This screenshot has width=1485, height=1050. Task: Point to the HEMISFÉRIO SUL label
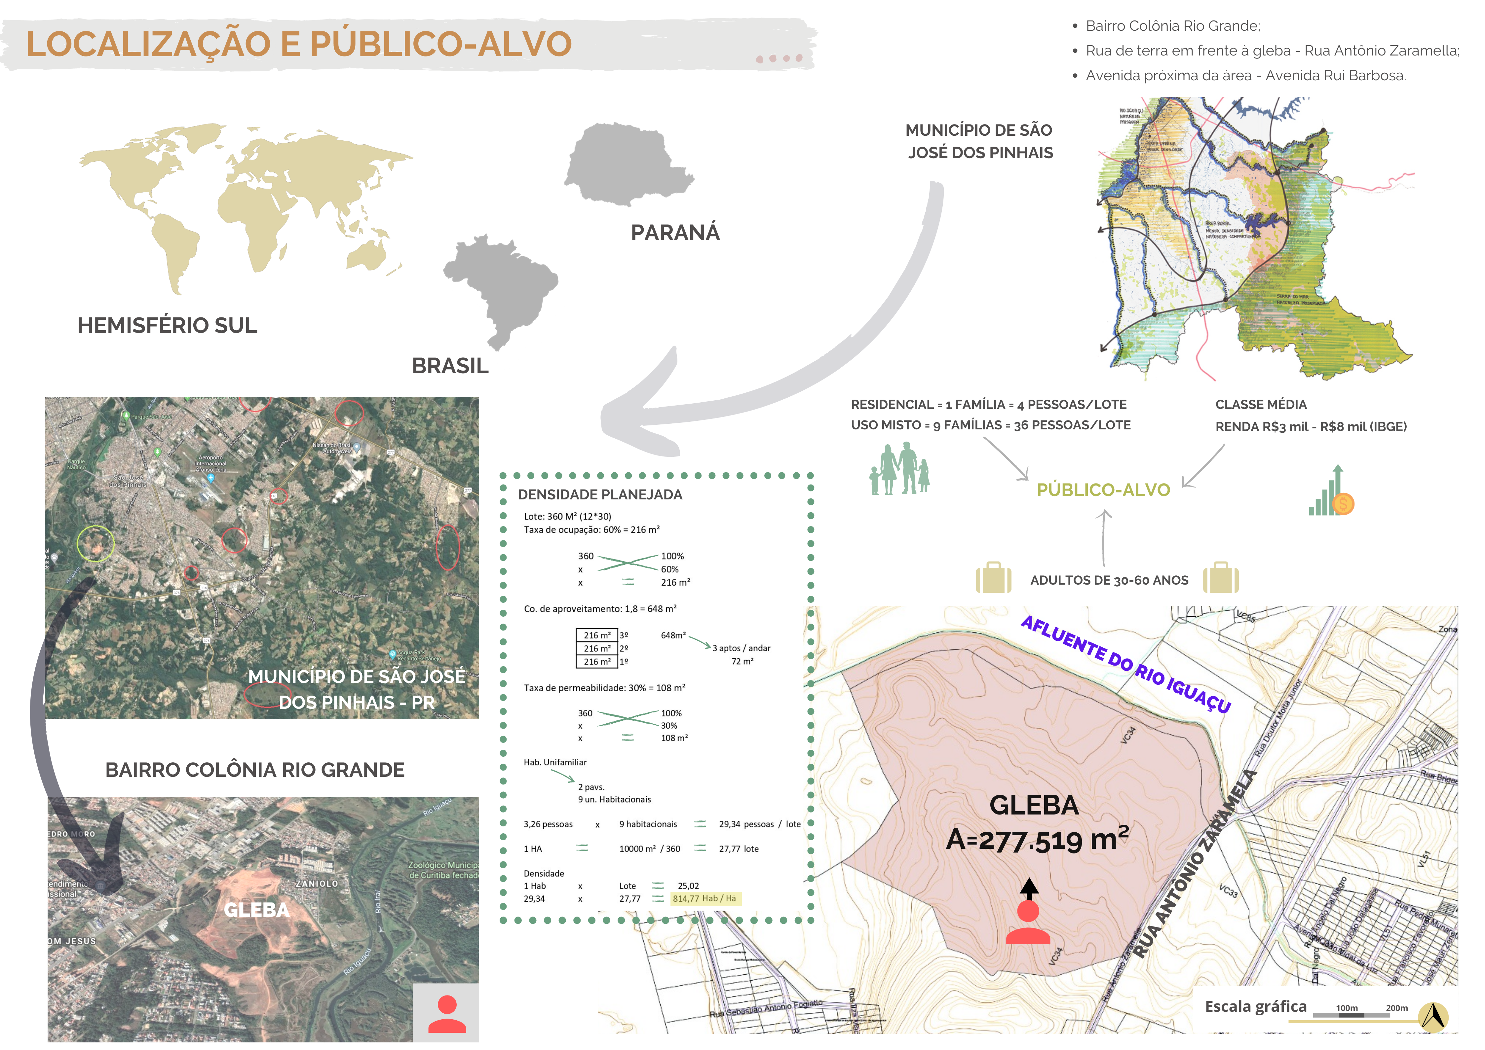[167, 325]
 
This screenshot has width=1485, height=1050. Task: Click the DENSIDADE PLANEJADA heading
[599, 494]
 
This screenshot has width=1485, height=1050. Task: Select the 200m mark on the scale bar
[1396, 1008]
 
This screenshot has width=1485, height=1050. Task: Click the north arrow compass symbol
[1433, 1016]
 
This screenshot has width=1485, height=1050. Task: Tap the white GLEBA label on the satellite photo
[256, 910]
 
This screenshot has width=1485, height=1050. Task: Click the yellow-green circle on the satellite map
[96, 543]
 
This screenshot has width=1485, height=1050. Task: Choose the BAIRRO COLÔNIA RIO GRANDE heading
[255, 770]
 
